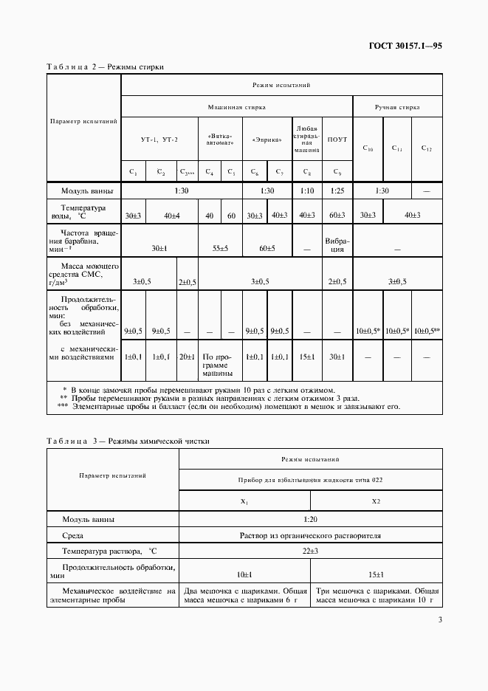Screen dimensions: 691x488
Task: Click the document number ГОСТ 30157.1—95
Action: [x=406, y=46]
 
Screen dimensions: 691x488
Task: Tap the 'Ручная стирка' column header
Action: [x=397, y=107]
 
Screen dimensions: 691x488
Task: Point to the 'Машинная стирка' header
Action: [x=236, y=107]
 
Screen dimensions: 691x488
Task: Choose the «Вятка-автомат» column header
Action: [x=221, y=139]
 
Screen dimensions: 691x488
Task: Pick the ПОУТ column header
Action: [x=337, y=139]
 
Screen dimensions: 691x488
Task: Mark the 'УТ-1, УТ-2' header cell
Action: [x=159, y=139]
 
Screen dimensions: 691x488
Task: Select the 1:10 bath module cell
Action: [x=307, y=190]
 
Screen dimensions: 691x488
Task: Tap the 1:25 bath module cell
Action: [x=337, y=190]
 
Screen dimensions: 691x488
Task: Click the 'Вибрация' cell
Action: [x=337, y=244]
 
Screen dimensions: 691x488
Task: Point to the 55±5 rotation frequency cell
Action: [x=221, y=249]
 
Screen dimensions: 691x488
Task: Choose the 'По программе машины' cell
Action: [x=221, y=365]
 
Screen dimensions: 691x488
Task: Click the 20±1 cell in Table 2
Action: [x=188, y=357]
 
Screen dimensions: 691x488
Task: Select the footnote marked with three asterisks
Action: [x=229, y=406]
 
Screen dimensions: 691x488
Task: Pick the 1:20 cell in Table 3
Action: [x=310, y=519]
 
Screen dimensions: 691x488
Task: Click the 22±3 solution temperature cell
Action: [x=310, y=551]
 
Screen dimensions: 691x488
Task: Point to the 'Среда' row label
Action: [x=73, y=535]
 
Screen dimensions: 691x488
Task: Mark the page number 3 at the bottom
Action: [x=439, y=619]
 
